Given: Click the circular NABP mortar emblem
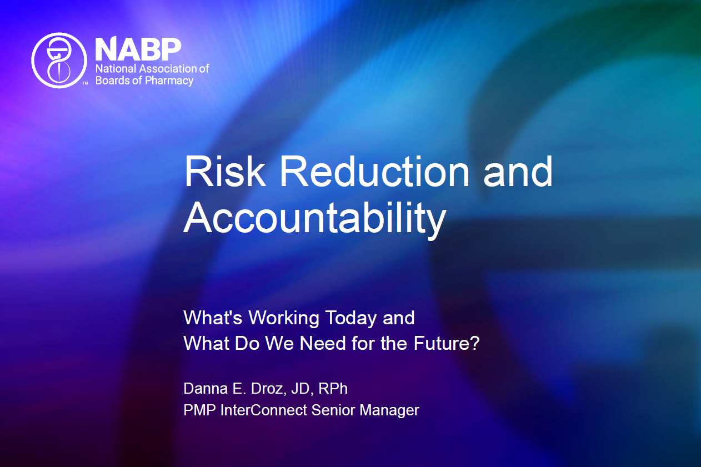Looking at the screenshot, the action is tap(59, 60).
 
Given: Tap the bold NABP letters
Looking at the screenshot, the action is tap(138, 49).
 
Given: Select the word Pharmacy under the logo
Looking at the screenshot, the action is tap(169, 81).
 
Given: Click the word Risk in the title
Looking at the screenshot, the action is tap(225, 172).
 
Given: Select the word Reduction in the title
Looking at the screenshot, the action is tap(374, 172).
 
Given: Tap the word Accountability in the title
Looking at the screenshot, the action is tap(314, 217).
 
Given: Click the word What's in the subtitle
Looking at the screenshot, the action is tap(213, 318).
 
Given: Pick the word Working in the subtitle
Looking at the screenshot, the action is tap(284, 318).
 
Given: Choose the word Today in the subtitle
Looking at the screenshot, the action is tap(350, 318).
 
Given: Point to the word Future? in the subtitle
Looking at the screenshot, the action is tap(447, 343).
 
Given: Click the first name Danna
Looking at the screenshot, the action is tap(206, 389).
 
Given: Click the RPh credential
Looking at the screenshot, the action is tap(333, 389).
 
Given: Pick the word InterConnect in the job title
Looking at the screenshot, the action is tap(263, 410).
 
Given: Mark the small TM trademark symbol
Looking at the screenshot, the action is tap(85, 83).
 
